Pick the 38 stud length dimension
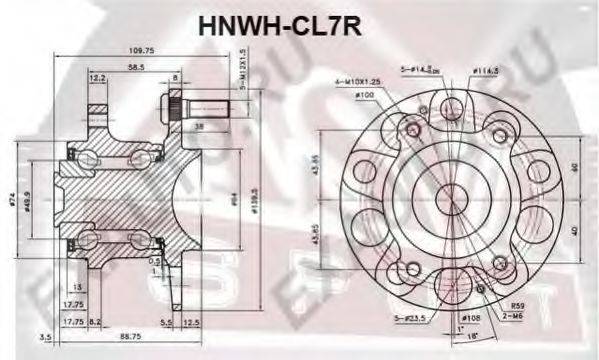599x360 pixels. pos(200,127)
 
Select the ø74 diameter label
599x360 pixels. pos(15,199)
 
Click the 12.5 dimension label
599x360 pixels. pos(192,323)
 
